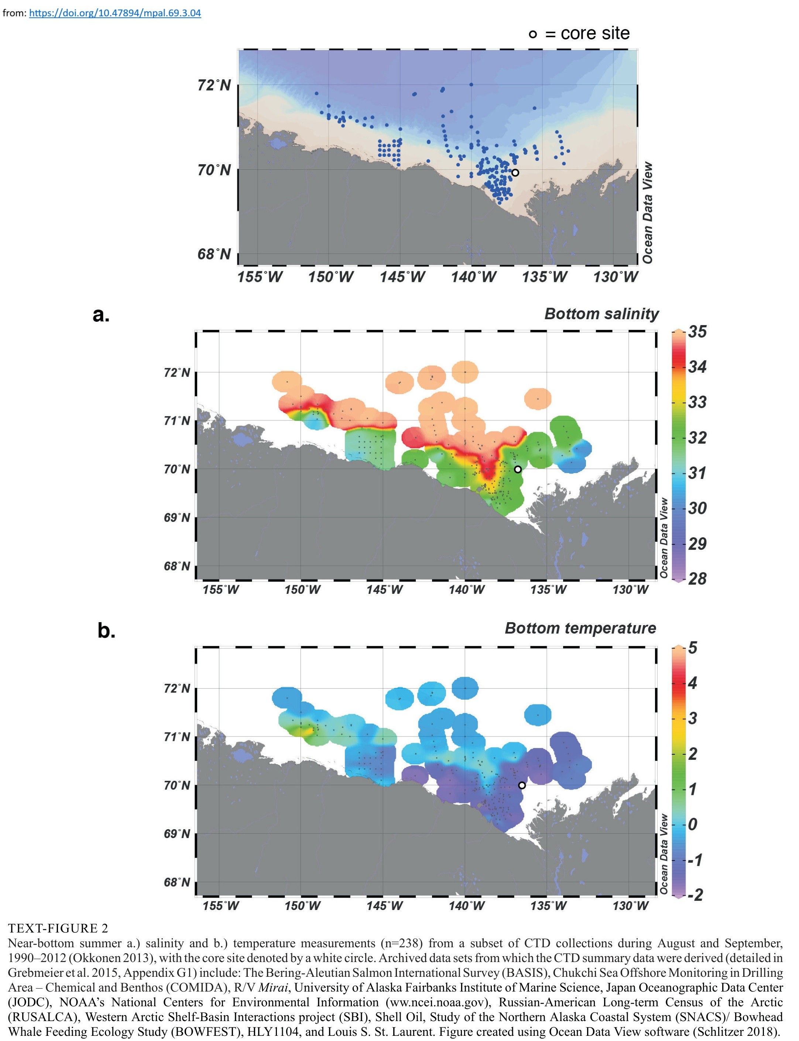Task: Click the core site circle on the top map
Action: [x=515, y=173]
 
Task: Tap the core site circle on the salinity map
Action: [x=518, y=469]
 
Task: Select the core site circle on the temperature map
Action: [x=522, y=785]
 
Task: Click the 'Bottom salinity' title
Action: [x=601, y=314]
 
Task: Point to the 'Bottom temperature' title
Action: [x=580, y=628]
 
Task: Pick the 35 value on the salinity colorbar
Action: [x=697, y=331]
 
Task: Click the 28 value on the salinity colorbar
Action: [x=697, y=579]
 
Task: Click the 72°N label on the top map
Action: [x=215, y=86]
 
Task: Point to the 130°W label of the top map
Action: [x=615, y=277]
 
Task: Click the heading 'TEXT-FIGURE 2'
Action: [x=58, y=928]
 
